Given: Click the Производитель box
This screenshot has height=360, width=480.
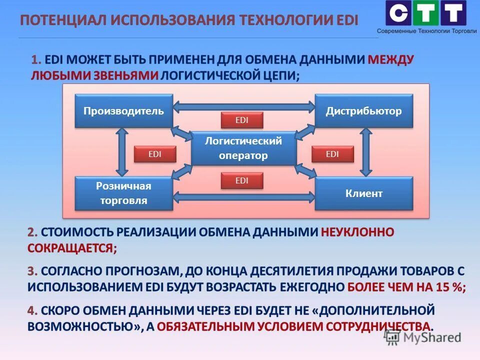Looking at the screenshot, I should [x=123, y=111].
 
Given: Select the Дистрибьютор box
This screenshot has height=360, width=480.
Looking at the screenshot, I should [x=363, y=111].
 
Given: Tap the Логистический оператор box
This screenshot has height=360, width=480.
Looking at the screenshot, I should [x=243, y=148].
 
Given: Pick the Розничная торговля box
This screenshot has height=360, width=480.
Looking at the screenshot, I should [x=123, y=193].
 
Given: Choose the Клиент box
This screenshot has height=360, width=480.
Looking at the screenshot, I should [x=363, y=193].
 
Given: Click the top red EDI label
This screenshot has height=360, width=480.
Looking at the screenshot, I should [x=242, y=120].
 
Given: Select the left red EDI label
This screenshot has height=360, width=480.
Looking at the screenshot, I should [x=155, y=154].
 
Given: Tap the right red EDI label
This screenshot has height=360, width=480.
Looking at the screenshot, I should [x=332, y=154].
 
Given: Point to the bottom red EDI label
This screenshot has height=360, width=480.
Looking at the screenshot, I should [x=242, y=181].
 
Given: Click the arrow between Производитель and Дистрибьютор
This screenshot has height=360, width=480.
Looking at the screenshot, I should [x=243, y=106].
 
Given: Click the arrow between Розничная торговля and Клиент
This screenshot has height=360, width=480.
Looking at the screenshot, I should [x=243, y=198].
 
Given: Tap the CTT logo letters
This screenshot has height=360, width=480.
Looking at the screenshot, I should [x=425, y=13].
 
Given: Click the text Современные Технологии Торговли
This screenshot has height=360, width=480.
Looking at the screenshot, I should [x=426, y=31].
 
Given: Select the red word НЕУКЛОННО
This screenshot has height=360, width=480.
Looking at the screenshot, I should [x=357, y=232].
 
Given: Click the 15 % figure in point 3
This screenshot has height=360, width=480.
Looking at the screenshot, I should [x=448, y=287].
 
